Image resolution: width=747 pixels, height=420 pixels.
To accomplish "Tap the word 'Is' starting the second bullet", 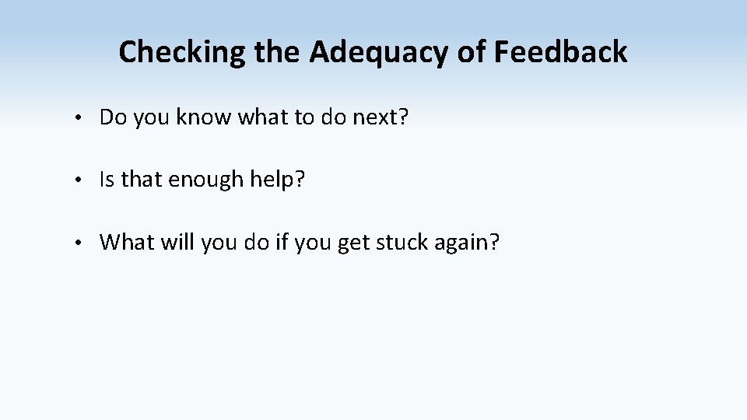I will pyautogui.click(x=107, y=180).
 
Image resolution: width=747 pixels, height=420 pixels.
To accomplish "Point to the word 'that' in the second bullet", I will pyautogui.click(x=140, y=180).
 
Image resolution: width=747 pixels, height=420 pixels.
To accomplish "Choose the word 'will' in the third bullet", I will pyautogui.click(x=177, y=243).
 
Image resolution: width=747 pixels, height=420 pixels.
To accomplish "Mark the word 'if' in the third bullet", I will pyautogui.click(x=281, y=243).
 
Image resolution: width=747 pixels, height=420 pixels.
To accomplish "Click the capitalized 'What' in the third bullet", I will pyautogui.click(x=127, y=243).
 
